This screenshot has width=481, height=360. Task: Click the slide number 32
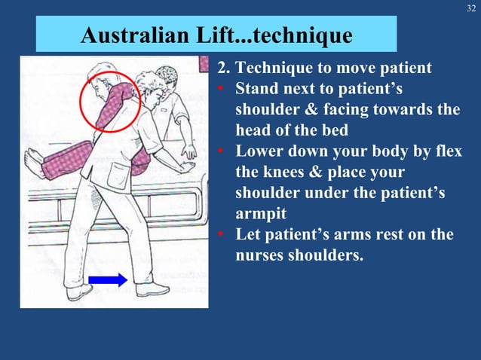[x=470, y=9]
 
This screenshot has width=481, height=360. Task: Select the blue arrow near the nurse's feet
[x=107, y=280]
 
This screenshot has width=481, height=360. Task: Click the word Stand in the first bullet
[x=258, y=90]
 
